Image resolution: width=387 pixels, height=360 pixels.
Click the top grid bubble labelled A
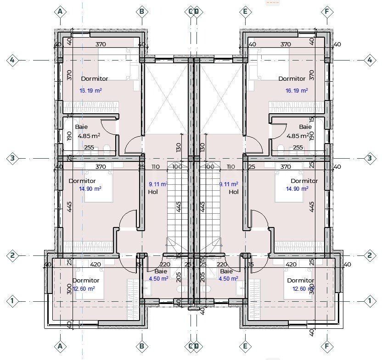point(60,11)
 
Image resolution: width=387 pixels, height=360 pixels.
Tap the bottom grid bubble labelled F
point(327,347)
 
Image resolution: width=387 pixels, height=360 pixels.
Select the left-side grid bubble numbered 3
point(13,159)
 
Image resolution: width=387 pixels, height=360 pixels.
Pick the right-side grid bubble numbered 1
point(370,301)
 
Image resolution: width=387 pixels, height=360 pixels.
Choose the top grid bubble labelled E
point(245,11)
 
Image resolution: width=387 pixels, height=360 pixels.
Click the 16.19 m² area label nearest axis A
point(90,91)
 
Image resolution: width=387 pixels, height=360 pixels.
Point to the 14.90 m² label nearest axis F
point(297,188)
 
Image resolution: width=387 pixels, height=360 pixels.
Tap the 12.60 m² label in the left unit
point(84,288)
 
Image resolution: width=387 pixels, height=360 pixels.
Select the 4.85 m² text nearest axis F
point(297,136)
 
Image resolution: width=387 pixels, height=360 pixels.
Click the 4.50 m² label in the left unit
point(158,278)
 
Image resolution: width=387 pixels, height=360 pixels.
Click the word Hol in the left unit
point(153,192)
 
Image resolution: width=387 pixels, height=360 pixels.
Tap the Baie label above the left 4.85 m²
point(81,127)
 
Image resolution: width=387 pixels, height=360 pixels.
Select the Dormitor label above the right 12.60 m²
point(300,281)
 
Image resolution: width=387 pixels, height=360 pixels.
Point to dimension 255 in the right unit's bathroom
point(298,148)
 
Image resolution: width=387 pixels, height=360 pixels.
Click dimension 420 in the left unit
point(95,265)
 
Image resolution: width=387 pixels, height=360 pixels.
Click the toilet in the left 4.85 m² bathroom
point(107,148)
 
